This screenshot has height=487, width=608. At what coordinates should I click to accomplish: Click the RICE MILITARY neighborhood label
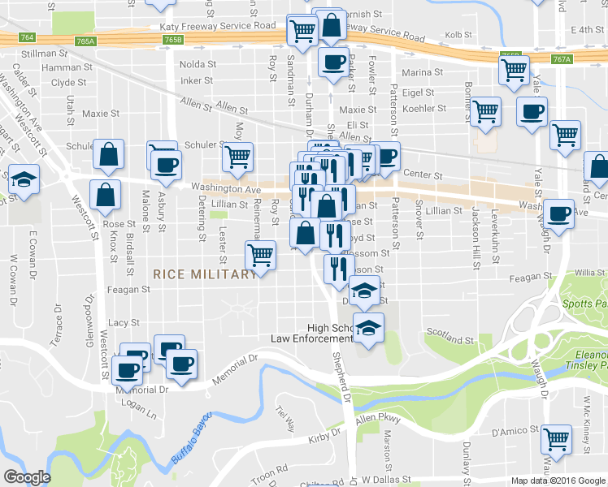click(205, 274)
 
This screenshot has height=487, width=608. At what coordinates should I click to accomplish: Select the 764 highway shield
click(28, 38)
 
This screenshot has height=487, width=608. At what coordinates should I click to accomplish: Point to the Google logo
click(27, 477)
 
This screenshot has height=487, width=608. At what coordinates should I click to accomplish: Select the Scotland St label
click(449, 338)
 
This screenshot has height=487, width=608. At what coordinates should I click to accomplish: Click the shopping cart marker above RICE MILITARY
click(260, 255)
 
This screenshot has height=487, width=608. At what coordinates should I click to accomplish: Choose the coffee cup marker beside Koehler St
click(532, 112)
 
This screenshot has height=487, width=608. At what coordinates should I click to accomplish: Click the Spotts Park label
click(584, 305)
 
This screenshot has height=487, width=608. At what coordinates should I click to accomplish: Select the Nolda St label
click(198, 64)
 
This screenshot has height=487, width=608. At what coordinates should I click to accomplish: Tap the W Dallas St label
click(389, 480)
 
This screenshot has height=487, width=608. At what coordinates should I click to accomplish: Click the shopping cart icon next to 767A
click(514, 71)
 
